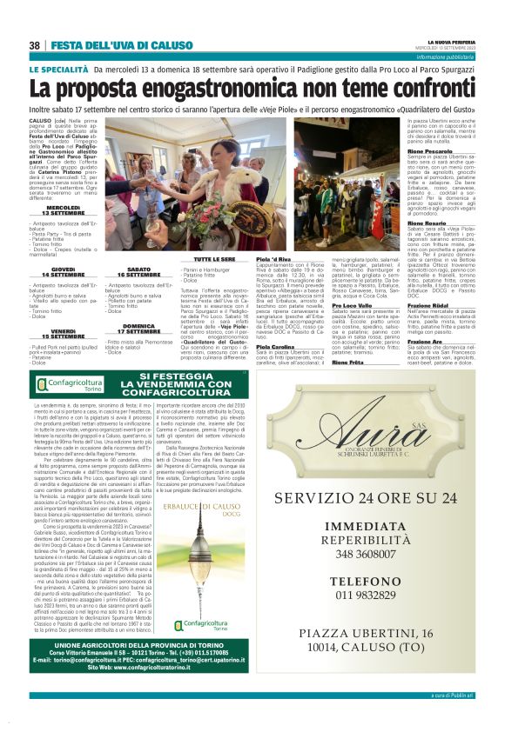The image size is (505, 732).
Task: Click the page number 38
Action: [x=35, y=45]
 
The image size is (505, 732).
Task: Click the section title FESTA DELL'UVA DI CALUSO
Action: [x=109, y=45]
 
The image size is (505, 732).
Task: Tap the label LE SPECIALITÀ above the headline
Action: [x=57, y=69]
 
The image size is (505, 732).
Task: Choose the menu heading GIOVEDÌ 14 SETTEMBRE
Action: [x=63, y=271]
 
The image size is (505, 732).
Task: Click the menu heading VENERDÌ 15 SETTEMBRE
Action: [x=63, y=333]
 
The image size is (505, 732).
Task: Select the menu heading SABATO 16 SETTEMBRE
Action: [x=138, y=271]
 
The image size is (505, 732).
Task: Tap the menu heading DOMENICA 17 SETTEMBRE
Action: [x=138, y=329]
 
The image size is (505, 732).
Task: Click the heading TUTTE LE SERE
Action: [x=214, y=259]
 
